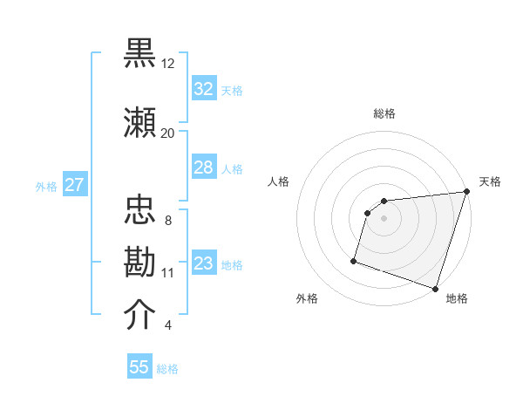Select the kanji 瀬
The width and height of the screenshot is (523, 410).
(140, 122)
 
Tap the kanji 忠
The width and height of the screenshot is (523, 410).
(140, 209)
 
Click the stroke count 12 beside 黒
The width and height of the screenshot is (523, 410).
(167, 64)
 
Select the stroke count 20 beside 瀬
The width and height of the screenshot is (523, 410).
(167, 133)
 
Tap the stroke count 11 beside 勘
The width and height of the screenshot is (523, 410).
(167, 272)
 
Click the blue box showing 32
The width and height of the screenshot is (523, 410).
(204, 89)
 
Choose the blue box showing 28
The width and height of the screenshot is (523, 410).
(204, 167)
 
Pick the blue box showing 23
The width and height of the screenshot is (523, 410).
(204, 263)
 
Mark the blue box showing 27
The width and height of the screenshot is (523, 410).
(74, 185)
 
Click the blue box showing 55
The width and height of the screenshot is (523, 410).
(139, 367)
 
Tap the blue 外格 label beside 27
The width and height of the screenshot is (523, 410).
(45, 186)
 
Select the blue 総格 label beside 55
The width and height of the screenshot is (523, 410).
(167, 369)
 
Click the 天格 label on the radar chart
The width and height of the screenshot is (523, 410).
(490, 181)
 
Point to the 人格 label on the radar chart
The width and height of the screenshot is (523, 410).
(279, 181)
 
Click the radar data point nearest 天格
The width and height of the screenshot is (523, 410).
(466, 192)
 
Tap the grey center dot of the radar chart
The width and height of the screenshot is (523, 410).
(384, 219)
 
